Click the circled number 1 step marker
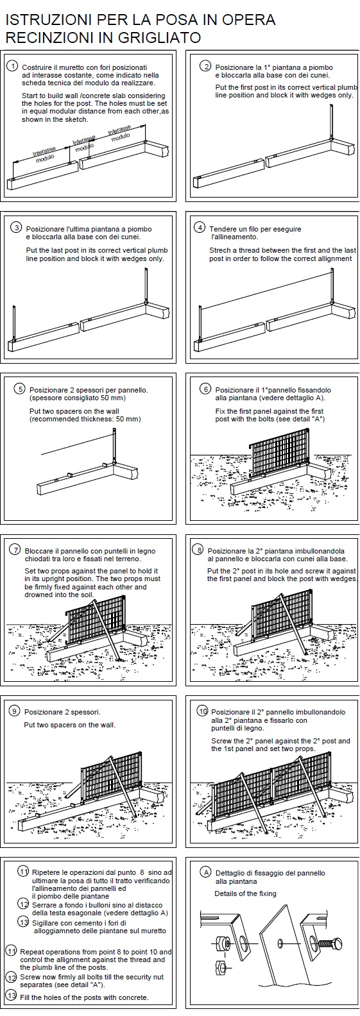[13, 67]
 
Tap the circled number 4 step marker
[200, 228]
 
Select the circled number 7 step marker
[15, 550]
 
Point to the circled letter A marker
[206, 872]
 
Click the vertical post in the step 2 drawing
[332, 123]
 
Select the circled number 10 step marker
[203, 711]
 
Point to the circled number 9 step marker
[15, 711]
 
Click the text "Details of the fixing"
[245, 893]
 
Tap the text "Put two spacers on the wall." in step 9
[69, 725]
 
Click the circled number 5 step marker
[19, 389]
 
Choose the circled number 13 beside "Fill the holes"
[12, 997]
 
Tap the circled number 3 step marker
[16, 228]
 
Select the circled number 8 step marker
[198, 550]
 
